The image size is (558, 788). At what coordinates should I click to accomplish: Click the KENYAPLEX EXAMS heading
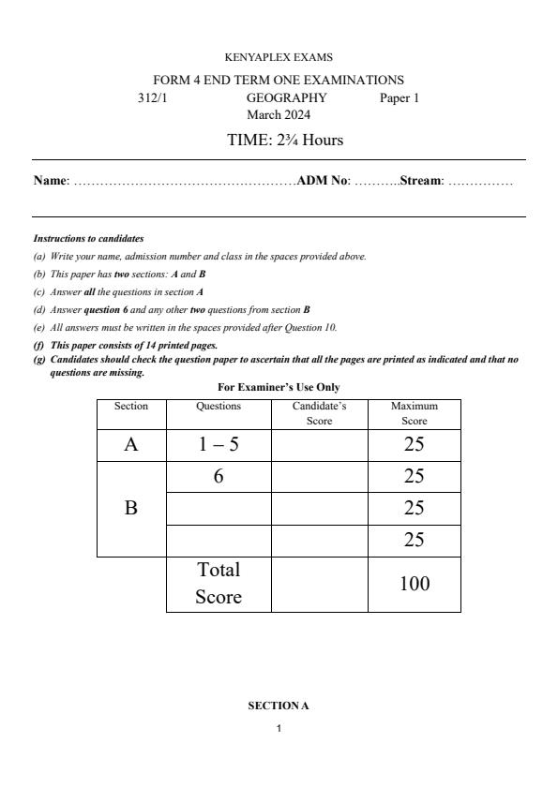coord(279,58)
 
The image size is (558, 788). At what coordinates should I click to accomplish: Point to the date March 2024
coord(279,114)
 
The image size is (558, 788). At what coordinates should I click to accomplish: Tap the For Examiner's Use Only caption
coord(279,387)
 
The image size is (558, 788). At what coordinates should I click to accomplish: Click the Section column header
coord(131,406)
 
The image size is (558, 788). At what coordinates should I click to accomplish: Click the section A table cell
coord(131,445)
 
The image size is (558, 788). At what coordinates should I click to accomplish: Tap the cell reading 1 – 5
coord(218,445)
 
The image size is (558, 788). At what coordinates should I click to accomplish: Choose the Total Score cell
coord(218,583)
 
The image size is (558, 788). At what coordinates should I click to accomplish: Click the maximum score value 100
coord(415,584)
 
